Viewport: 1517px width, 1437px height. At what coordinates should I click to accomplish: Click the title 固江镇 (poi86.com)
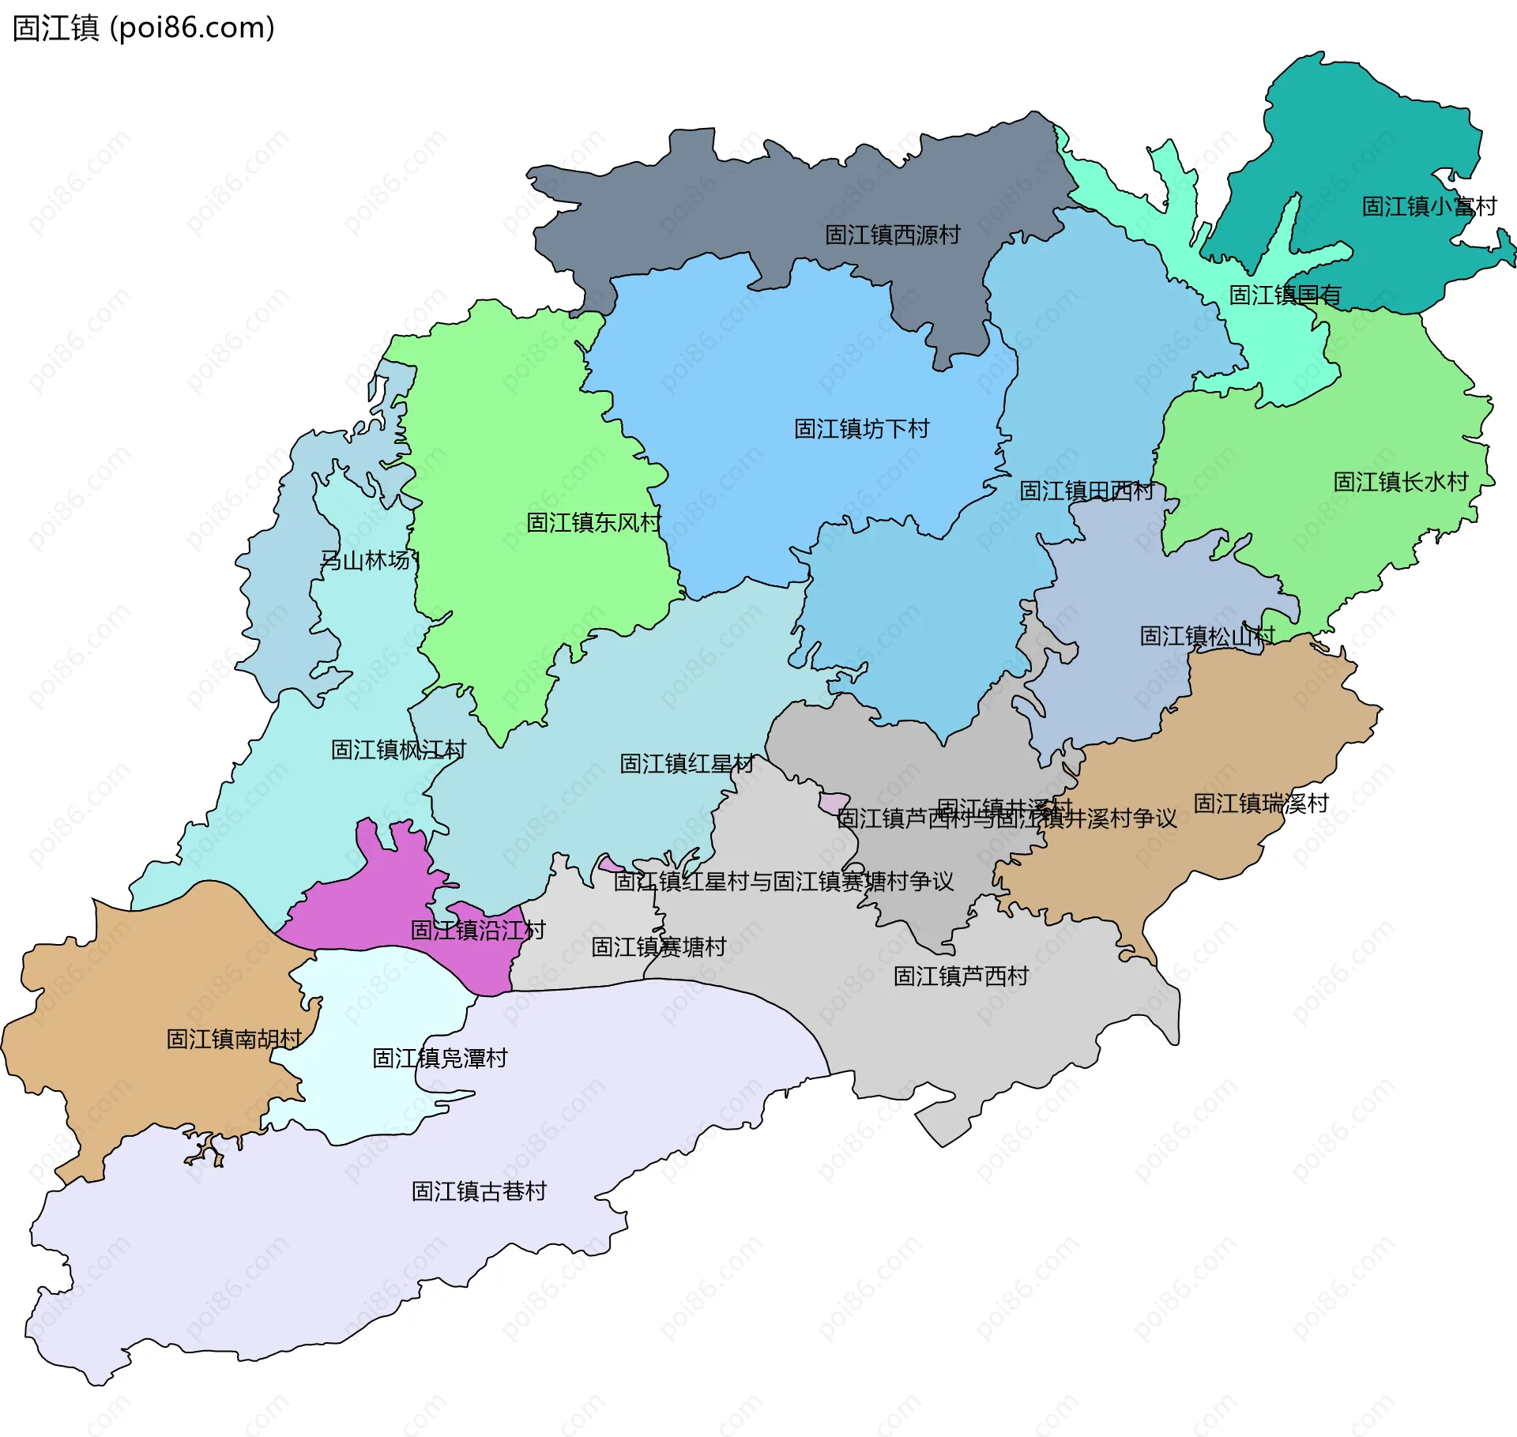pos(143,28)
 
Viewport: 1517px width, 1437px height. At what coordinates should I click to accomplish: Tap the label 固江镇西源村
pos(892,235)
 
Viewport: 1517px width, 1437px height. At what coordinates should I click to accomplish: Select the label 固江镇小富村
pos(1429,206)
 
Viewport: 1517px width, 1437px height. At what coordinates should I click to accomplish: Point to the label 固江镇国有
pos(1285,295)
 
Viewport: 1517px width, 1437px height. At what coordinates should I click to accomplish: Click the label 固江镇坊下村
pos(861,429)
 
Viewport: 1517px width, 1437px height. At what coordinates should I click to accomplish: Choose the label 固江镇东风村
pos(593,522)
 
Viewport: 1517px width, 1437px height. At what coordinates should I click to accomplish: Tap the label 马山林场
pos(366,560)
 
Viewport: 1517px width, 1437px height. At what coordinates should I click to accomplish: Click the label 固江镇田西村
pos(1086,491)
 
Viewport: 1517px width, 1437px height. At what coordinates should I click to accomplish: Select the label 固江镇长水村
pos(1400,481)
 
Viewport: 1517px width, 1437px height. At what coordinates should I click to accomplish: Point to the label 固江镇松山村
pos(1206,635)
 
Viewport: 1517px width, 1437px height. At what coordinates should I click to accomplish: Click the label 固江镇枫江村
pos(398,749)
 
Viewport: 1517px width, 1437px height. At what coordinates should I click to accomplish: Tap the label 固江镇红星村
pos(687,763)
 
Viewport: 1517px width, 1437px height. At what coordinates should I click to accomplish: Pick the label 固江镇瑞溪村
pos(1260,803)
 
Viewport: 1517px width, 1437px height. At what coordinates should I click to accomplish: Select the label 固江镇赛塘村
pos(658,946)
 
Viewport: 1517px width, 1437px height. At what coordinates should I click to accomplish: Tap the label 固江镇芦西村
pos(960,976)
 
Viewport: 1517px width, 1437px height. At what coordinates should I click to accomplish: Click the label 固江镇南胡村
pos(234,1038)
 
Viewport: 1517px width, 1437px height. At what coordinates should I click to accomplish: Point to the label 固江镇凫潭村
pos(439,1058)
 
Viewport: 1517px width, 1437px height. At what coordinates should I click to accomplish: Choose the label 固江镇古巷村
pos(479,1191)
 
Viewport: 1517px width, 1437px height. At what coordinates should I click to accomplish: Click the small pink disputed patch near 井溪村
pos(834,803)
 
